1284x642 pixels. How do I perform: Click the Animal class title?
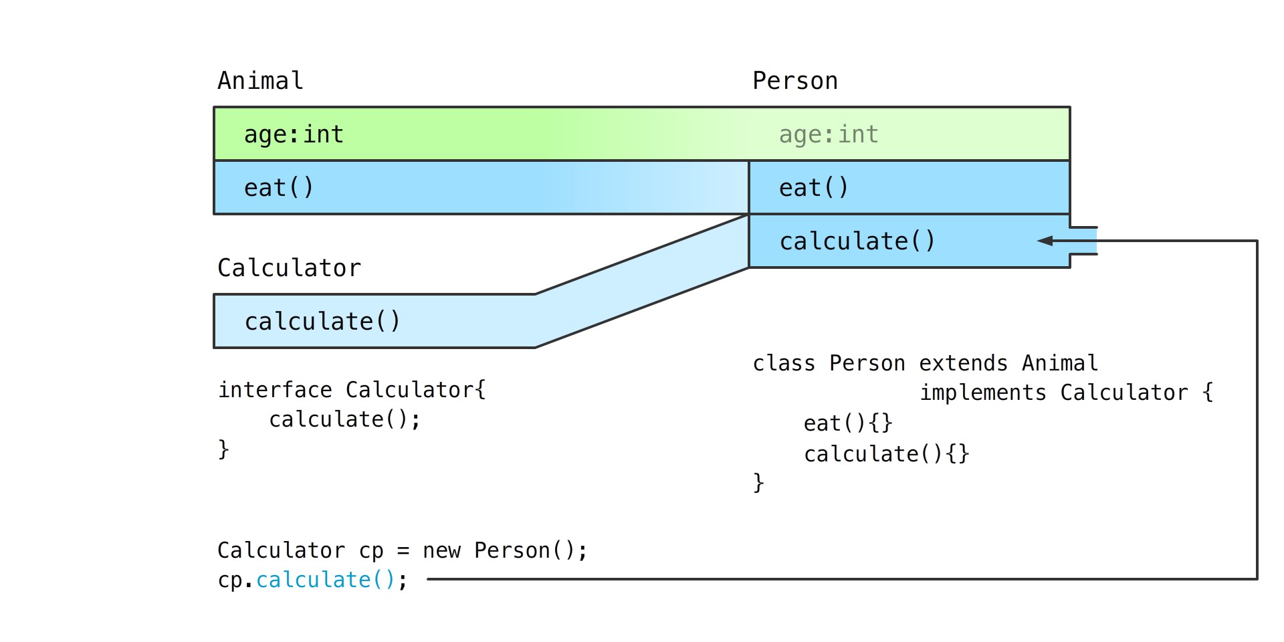[260, 81]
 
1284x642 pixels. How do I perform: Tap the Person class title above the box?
[795, 81]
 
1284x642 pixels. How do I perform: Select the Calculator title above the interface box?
[289, 268]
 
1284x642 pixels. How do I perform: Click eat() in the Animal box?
[279, 188]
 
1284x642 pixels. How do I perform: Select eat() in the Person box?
[814, 188]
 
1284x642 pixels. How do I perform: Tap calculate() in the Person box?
[857, 241]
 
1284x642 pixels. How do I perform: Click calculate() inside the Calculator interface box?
[322, 322]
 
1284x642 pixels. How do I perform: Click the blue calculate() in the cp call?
[326, 580]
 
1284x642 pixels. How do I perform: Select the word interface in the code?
[275, 390]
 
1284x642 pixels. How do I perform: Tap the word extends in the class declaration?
[963, 363]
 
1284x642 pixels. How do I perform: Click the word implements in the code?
[983, 393]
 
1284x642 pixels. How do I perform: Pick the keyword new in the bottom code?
[441, 551]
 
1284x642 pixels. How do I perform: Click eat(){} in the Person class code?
[848, 423]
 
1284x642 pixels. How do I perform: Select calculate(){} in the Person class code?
[887, 454]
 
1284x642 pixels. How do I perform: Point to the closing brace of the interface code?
[223, 449]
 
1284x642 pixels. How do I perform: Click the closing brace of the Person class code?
[758, 482]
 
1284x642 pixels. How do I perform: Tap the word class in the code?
[784, 363]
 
